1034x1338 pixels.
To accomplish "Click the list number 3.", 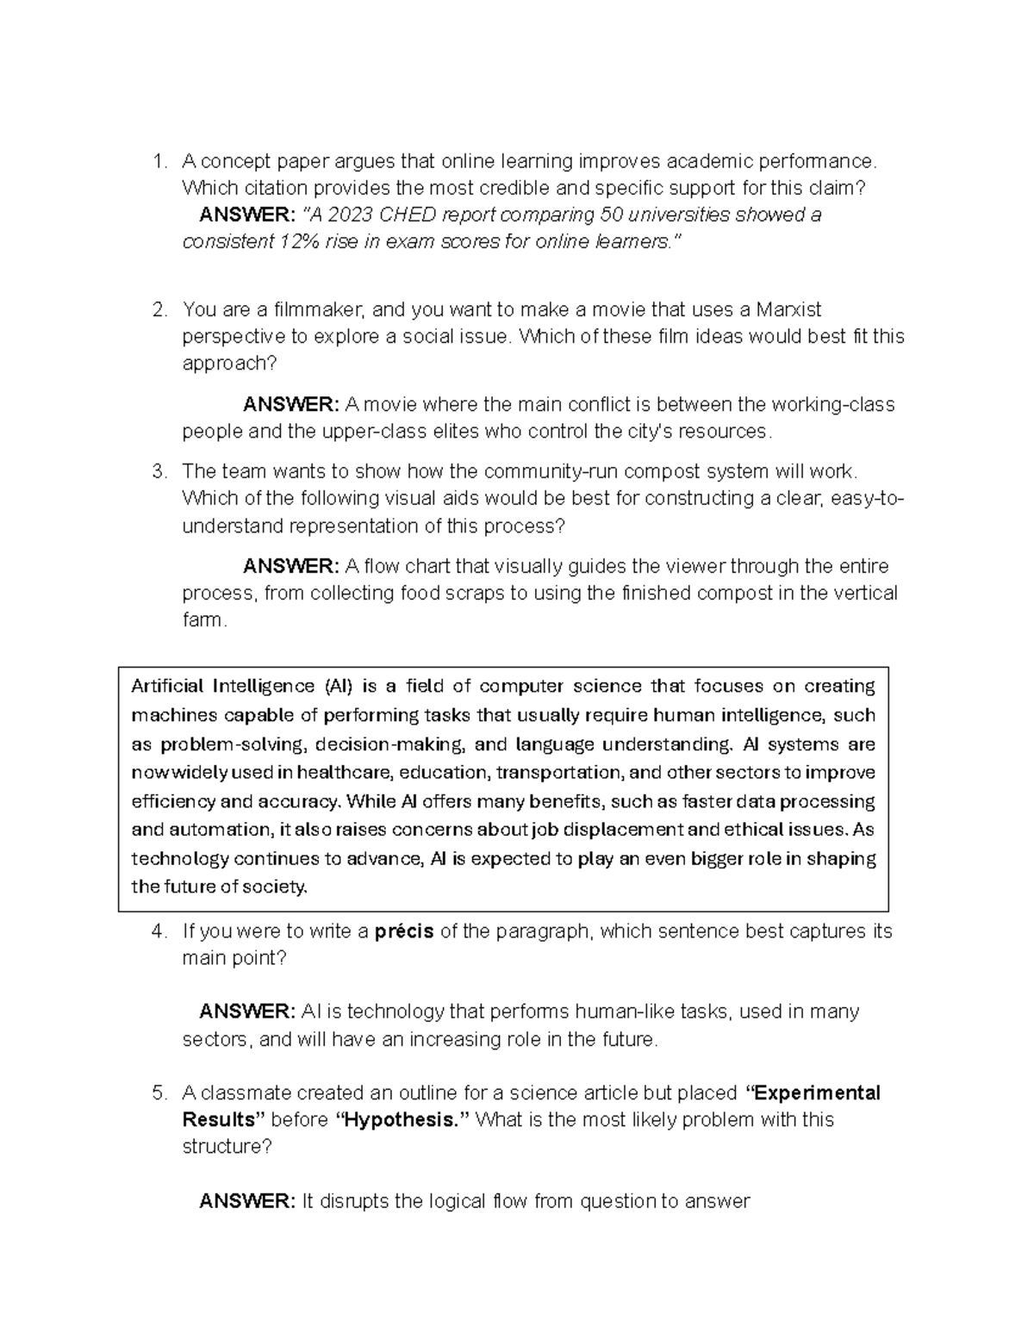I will [x=158, y=471].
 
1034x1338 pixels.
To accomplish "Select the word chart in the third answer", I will [x=427, y=566].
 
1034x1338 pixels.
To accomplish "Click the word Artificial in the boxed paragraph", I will [x=167, y=687].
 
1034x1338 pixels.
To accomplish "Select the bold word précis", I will [x=404, y=931].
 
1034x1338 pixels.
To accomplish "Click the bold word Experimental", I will [x=817, y=1093].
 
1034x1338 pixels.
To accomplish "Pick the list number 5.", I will [x=158, y=1093].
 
